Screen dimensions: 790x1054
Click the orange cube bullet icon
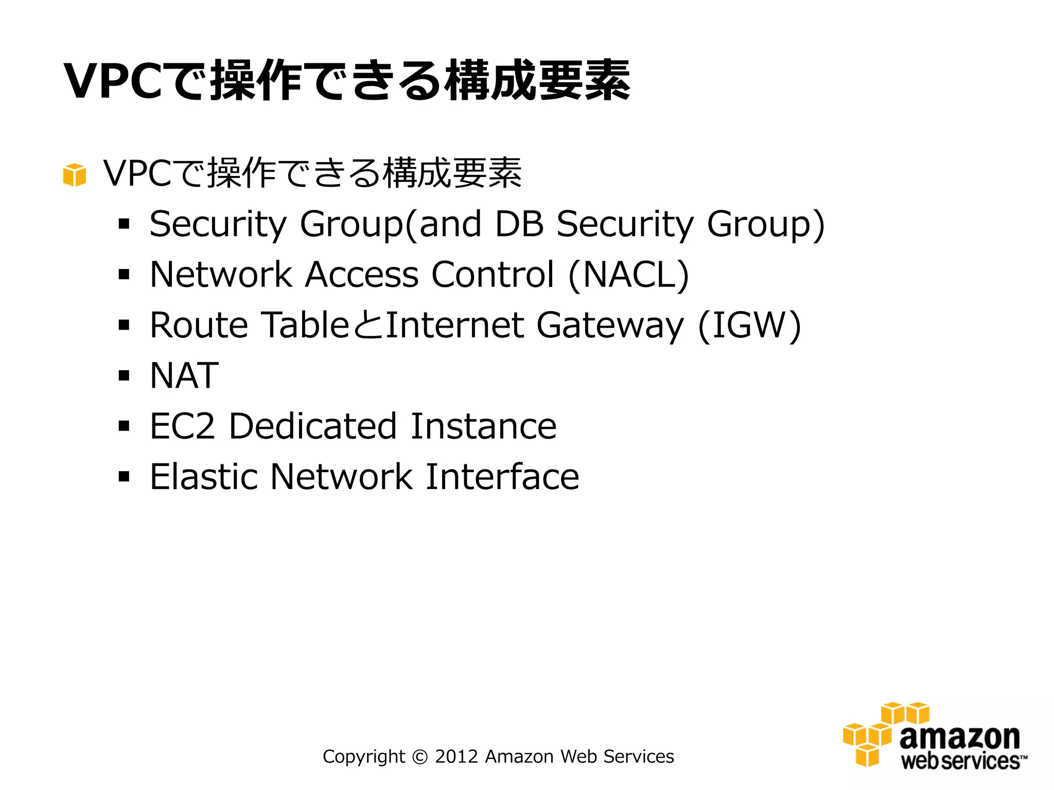tap(74, 175)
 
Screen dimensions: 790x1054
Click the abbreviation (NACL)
tap(628, 275)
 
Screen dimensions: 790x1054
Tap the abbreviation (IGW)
tap(749, 325)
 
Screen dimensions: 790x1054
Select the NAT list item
tap(184, 375)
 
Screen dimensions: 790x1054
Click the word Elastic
tap(204, 477)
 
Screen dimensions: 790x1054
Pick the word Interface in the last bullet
tap(502, 477)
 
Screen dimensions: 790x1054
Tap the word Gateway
tap(610, 326)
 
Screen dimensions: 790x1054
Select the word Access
tap(362, 275)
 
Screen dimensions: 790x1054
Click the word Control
tap(493, 275)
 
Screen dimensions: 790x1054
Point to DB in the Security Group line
tap(519, 224)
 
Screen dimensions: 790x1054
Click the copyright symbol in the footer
tap(420, 757)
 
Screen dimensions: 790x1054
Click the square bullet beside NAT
tap(124, 375)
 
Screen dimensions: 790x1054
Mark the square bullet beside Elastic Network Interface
tap(124, 477)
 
